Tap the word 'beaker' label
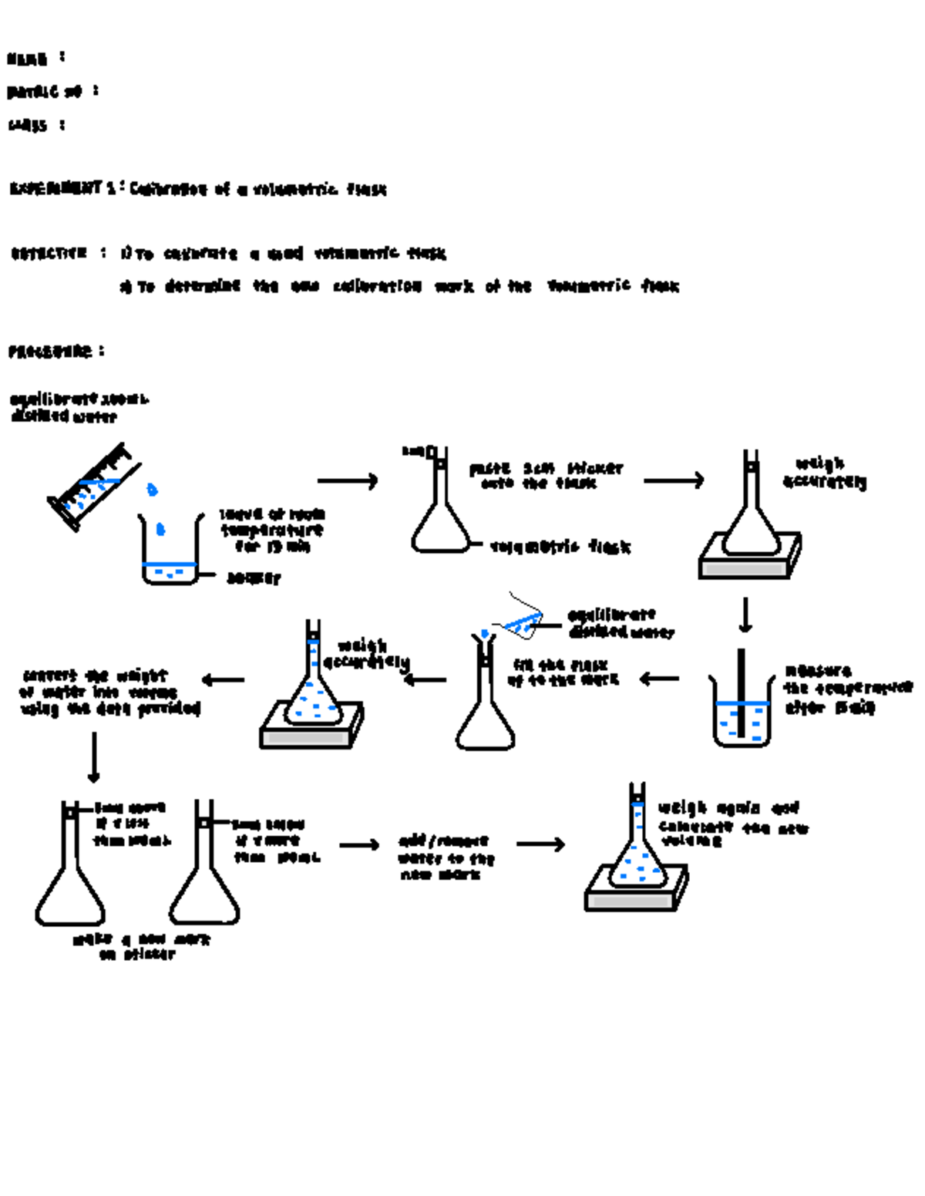(253, 578)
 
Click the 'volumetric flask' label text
(560, 547)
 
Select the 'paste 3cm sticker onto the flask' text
(545, 476)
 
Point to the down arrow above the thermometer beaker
(745, 615)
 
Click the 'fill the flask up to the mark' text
(563, 672)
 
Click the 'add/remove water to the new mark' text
(446, 857)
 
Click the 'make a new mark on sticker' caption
(141, 947)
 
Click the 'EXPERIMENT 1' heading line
(197, 189)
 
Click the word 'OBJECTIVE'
(49, 253)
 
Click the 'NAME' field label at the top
(28, 59)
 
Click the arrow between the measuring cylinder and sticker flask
(348, 481)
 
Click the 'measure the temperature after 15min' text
(846, 689)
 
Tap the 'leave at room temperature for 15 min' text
(272, 530)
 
